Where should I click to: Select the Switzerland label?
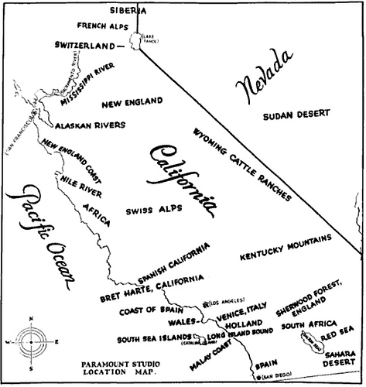click(86, 45)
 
